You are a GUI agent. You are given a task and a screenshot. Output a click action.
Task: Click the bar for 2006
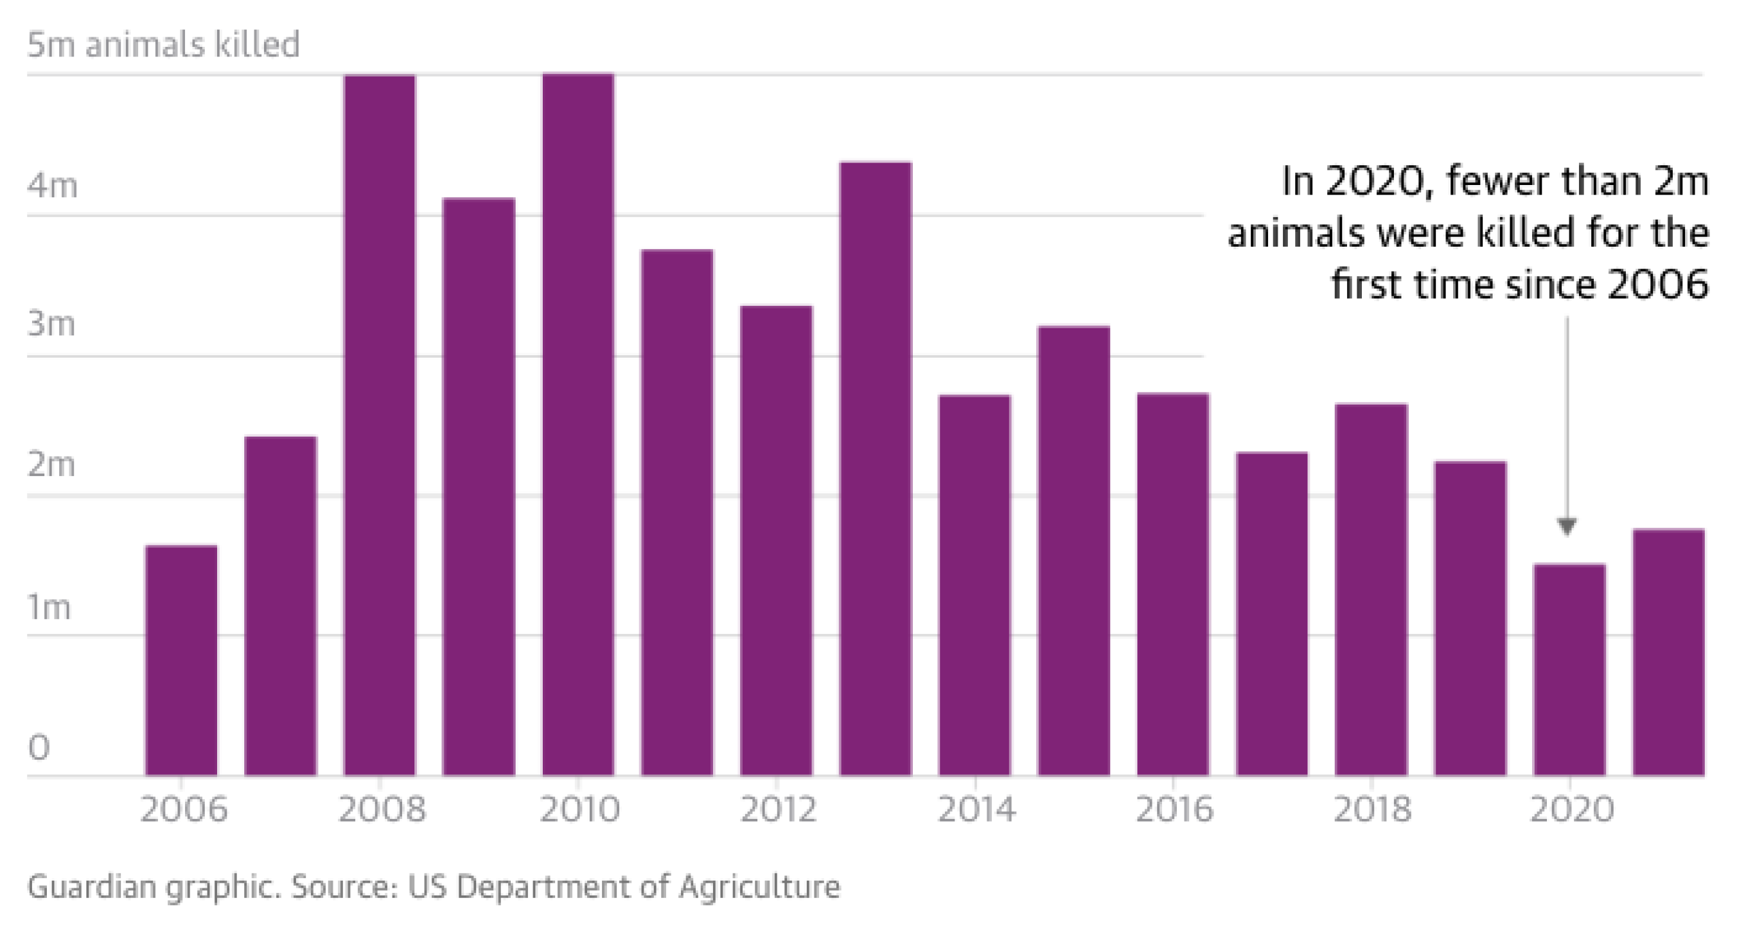(x=181, y=660)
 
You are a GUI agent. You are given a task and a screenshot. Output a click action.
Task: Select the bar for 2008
(x=380, y=425)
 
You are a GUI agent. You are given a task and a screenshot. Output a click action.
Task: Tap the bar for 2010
(x=579, y=425)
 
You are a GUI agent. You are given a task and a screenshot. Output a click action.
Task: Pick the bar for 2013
(x=876, y=468)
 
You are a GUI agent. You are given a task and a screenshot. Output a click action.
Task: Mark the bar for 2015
(x=1073, y=551)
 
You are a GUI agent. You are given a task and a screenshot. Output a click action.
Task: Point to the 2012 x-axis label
(x=779, y=809)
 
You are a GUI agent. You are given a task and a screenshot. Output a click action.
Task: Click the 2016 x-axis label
(x=1174, y=809)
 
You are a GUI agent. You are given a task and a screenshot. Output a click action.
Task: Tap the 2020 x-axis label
(x=1571, y=809)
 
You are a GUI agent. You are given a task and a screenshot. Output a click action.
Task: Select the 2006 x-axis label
(x=184, y=809)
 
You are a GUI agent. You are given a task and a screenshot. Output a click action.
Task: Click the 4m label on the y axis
(x=52, y=185)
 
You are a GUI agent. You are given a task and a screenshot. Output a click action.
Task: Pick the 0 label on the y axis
(x=39, y=747)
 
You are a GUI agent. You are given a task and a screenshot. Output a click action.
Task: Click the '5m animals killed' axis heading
(x=163, y=44)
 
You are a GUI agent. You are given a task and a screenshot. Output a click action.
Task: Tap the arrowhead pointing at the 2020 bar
(x=1567, y=527)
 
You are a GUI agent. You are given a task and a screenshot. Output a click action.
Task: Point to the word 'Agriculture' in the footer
(x=759, y=886)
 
